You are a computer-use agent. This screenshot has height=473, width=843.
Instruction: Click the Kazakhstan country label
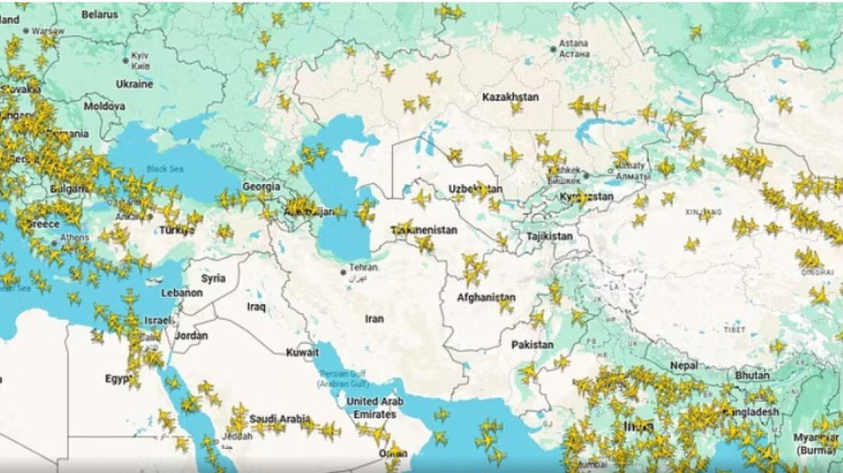[x=510, y=97]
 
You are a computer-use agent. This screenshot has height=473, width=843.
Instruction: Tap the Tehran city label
[x=362, y=267]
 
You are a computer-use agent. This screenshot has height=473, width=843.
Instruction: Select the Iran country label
[x=374, y=318]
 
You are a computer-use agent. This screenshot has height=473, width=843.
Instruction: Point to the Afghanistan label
[x=486, y=298]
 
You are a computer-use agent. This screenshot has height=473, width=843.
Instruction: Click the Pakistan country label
[x=532, y=345]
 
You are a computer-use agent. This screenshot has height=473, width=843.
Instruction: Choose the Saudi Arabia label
[x=280, y=419]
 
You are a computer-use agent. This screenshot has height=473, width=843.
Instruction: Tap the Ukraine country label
[x=134, y=84]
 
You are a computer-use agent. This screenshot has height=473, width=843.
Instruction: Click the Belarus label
[x=101, y=15]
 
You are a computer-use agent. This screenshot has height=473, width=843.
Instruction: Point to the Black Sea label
[x=164, y=169]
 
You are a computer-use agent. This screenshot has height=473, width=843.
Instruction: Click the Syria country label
[x=213, y=279]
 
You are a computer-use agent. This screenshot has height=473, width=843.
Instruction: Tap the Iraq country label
[x=255, y=306]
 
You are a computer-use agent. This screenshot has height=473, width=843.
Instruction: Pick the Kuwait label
[x=303, y=353]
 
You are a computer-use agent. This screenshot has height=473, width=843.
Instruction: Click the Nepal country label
[x=684, y=365]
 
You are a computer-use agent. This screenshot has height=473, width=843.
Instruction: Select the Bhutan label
[x=753, y=376]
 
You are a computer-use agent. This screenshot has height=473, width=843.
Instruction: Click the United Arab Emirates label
[x=374, y=408]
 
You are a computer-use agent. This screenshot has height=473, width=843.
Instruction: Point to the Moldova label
[x=104, y=107]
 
